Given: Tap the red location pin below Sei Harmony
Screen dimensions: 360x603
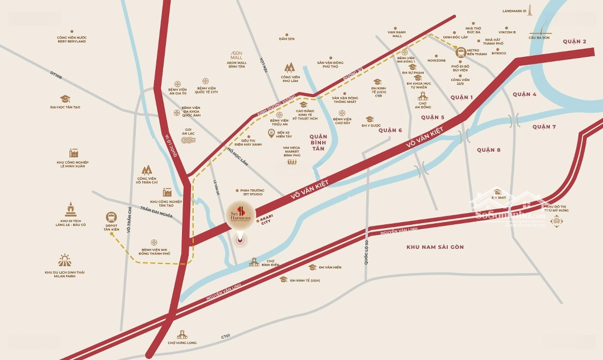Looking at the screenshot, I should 241,241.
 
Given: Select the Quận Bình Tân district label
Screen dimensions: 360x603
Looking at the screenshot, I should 318,142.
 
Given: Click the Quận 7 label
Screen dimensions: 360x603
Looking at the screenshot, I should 544,127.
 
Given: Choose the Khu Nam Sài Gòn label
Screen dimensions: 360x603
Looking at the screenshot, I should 435,247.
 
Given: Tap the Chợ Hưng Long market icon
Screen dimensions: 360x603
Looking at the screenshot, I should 181,334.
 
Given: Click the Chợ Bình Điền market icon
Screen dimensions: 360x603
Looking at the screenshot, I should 254,262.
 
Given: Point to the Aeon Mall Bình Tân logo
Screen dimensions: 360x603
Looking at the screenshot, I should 237,55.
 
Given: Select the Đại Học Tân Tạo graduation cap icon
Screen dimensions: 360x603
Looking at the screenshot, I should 65,99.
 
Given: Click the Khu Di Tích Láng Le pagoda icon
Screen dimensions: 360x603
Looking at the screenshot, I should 70,209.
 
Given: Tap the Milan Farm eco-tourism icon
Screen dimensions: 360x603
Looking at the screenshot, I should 65,261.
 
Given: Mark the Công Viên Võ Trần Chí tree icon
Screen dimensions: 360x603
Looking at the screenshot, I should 146,170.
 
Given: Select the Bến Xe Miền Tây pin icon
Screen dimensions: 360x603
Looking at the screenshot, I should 271,133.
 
